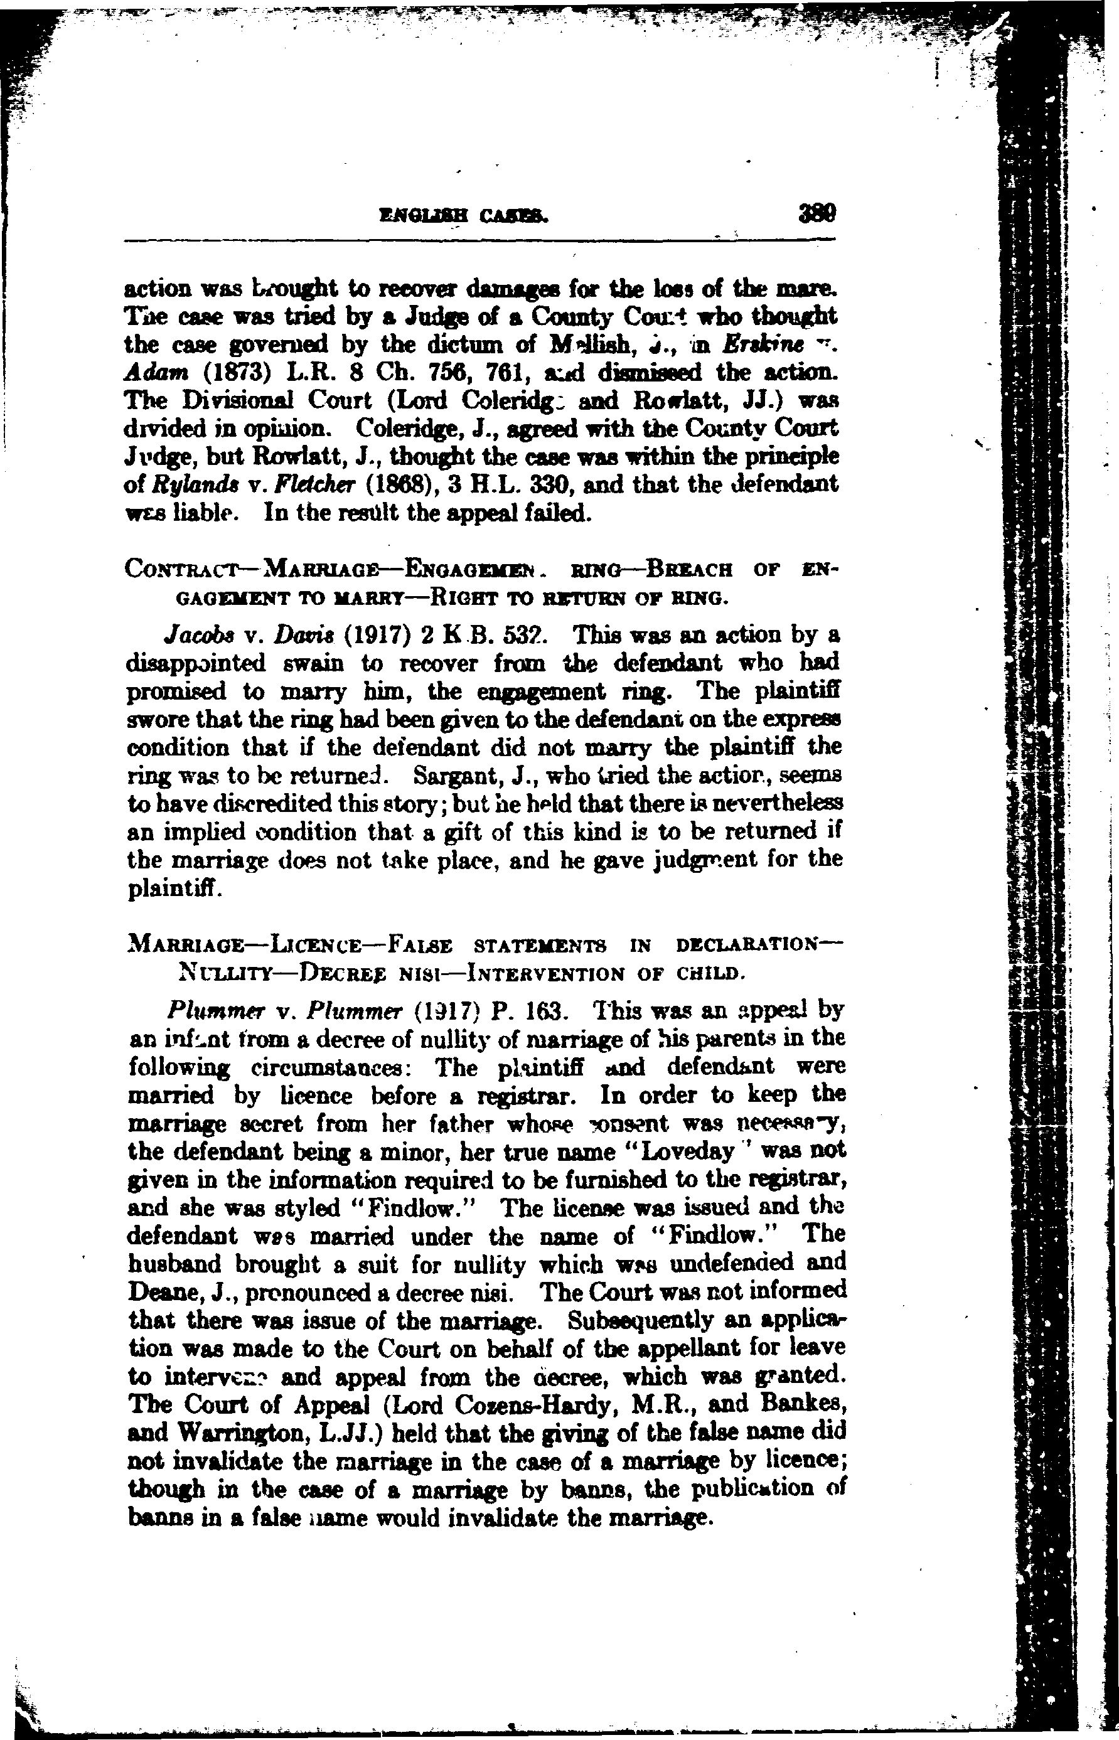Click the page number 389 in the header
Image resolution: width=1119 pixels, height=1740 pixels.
coord(816,215)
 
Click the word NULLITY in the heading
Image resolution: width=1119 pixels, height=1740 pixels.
coord(225,972)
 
